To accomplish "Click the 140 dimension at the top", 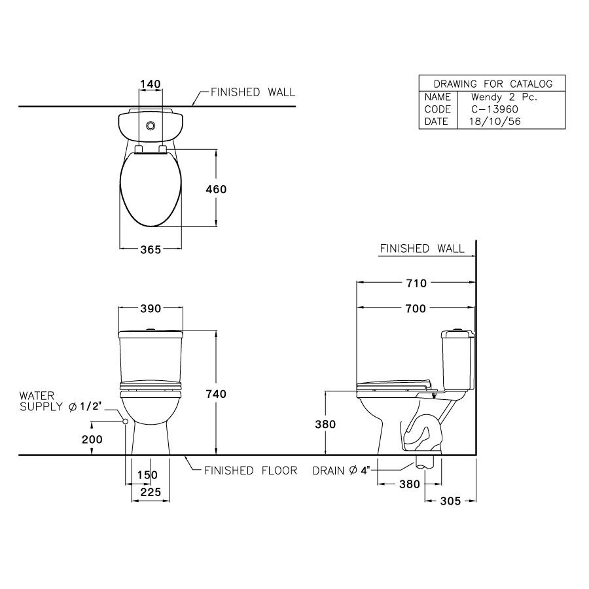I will click(151, 84).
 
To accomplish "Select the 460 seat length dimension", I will click(216, 189).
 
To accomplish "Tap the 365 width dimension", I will click(151, 249).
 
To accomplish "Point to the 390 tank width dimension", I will click(151, 308).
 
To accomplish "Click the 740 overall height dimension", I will click(216, 394).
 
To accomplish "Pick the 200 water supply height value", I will click(92, 440).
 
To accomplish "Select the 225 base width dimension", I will click(151, 495).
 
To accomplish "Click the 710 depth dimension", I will click(416, 283).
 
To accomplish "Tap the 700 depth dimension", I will click(416, 308).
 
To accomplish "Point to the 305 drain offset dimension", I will click(450, 501).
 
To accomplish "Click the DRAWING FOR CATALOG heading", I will click(493, 84).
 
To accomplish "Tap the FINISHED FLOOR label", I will click(251, 470).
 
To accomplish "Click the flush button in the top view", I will click(151, 126).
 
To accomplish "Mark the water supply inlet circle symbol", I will click(124, 422).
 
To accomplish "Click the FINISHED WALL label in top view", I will click(253, 92).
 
